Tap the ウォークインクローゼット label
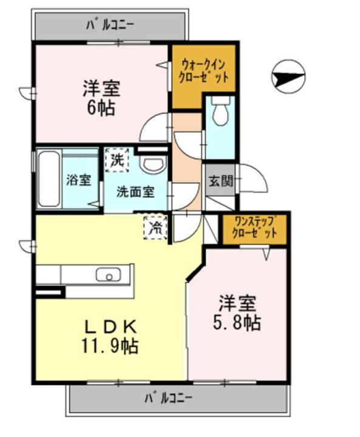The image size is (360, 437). [x=203, y=71]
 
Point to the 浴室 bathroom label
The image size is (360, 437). [x=79, y=180]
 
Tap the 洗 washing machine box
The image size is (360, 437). [x=117, y=161]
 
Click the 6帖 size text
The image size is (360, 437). [x=101, y=108]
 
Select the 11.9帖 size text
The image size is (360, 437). [x=110, y=347]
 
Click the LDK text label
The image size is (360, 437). [x=110, y=327]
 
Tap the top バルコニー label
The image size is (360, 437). [x=110, y=25]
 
